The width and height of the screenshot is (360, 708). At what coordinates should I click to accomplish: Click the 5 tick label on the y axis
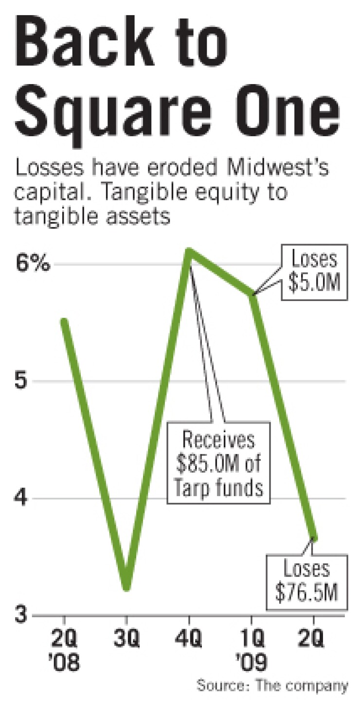pos(20,381)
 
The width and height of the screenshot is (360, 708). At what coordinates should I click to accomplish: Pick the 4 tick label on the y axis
pos(20,498)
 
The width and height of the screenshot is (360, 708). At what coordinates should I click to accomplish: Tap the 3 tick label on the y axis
pos(20,616)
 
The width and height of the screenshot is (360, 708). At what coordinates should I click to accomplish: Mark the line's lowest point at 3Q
pos(126,587)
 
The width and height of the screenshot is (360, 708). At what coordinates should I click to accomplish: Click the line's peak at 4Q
pos(190,251)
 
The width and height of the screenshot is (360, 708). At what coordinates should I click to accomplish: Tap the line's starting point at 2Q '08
pos(64,321)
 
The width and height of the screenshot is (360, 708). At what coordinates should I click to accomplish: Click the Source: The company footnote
pos(272,686)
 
